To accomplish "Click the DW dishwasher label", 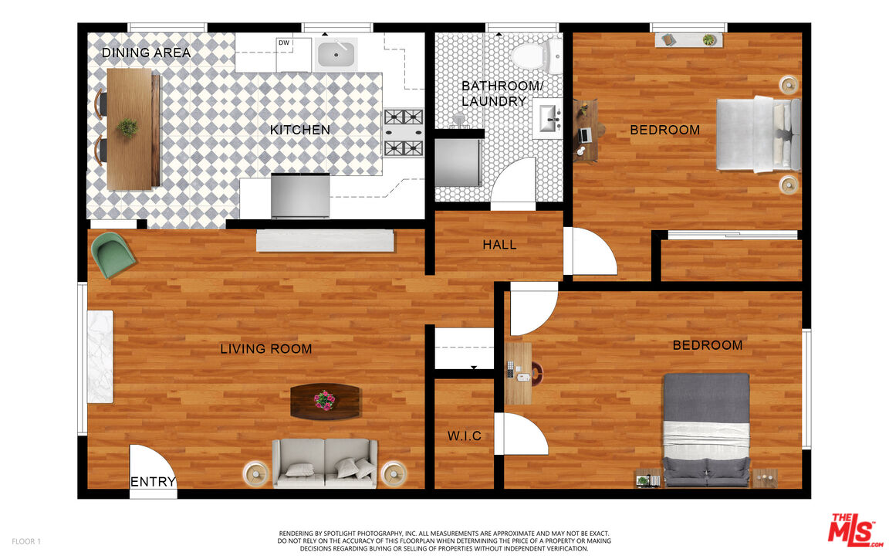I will point(284,43).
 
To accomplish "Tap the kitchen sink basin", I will point(336,54).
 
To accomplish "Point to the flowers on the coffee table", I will point(325,400).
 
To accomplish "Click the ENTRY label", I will point(153,483).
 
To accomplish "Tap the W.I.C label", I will point(465,436).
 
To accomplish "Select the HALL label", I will point(499,245).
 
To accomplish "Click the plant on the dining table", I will point(128,127).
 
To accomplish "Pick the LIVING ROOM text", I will point(266,349).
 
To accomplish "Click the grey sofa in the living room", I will point(325,463).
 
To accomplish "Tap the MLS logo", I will point(854,530).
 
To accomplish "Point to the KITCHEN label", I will point(300,130).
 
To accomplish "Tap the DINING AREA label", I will point(146,53).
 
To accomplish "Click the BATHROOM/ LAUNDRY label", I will point(493,93).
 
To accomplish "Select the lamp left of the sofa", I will point(255,473).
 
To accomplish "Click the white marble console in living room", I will point(100,356).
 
